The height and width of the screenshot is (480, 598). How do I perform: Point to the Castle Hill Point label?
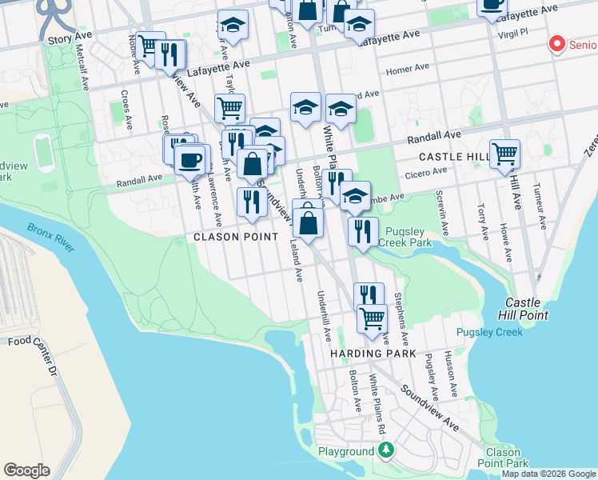[525, 309]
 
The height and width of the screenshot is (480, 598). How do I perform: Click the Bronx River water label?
[50, 238]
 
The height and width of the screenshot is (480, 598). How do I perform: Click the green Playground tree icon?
[387, 450]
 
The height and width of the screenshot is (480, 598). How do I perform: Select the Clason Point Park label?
[507, 458]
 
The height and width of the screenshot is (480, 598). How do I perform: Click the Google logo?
[27, 470]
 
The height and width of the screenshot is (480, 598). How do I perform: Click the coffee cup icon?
[189, 160]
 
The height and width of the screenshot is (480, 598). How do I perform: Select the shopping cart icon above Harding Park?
[372, 317]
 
